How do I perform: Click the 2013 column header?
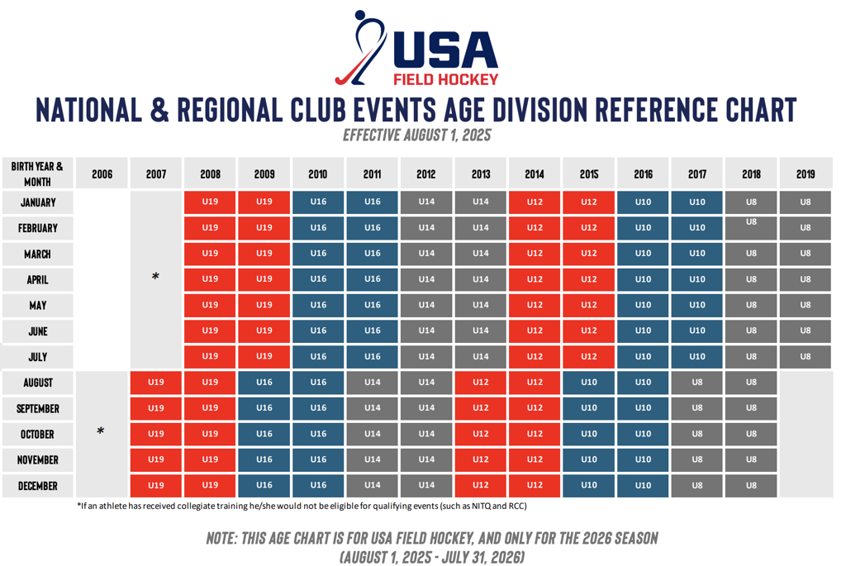pos(480,174)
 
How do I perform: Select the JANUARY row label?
pos(37,202)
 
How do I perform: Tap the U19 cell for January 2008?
pos(210,202)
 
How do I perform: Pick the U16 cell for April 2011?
pos(372,279)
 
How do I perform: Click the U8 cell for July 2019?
pos(806,357)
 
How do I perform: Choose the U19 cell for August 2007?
pos(155,383)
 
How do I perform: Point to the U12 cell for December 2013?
pos(480,486)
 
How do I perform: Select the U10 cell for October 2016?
pos(643,434)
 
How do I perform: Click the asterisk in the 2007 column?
pos(155,278)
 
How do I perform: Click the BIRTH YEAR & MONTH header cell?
pos(37,174)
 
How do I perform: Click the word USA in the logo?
pos(445,51)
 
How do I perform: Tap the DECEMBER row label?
pos(37,486)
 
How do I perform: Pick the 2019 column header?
pos(806,174)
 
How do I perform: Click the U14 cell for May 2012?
pos(426,305)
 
